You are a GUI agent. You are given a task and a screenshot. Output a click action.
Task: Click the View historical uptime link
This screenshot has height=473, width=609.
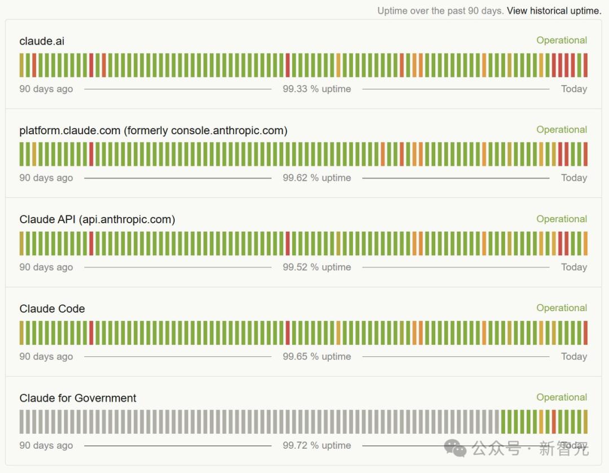pos(554,11)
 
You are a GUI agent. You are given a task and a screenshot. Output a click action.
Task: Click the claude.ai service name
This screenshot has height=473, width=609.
pos(42,41)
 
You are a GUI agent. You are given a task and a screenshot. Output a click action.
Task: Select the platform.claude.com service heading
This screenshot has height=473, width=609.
pos(153,131)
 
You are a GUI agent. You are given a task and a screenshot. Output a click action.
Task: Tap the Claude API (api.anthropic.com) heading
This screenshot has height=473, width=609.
pos(97,220)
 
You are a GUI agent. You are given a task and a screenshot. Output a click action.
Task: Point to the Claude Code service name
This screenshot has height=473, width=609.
pos(52,309)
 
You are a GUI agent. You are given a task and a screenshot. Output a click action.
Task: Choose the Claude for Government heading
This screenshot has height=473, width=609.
pos(78,398)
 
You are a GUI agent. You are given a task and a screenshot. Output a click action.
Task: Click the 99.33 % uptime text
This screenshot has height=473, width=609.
pos(317,89)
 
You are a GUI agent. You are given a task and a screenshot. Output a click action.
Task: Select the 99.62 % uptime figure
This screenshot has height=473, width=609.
pos(317,178)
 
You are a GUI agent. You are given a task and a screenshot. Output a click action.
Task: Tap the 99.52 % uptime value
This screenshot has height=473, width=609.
pos(317,267)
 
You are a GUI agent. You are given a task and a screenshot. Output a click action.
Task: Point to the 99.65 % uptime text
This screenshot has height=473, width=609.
pos(317,356)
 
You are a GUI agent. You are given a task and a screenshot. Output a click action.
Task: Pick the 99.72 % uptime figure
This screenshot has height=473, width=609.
pos(317,445)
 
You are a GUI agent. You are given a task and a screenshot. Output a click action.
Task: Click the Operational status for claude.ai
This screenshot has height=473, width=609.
pos(562,41)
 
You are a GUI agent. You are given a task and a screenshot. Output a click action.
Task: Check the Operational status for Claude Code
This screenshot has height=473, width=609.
pos(562,308)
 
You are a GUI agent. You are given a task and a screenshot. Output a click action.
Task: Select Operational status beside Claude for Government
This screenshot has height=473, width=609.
pos(562,397)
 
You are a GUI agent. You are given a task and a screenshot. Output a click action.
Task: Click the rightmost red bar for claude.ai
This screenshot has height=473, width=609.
pos(585,65)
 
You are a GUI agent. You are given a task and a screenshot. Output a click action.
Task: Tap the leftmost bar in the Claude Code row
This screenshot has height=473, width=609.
pos(21,333)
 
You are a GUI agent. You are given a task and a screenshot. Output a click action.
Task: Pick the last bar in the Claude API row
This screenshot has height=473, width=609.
pos(585,244)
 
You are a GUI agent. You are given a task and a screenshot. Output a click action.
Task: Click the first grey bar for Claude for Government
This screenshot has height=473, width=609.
pos(21,422)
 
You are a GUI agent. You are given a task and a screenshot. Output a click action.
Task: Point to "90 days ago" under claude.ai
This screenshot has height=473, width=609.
pos(46,89)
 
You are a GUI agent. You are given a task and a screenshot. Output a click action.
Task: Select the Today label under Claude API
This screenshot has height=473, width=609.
pos(574,267)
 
